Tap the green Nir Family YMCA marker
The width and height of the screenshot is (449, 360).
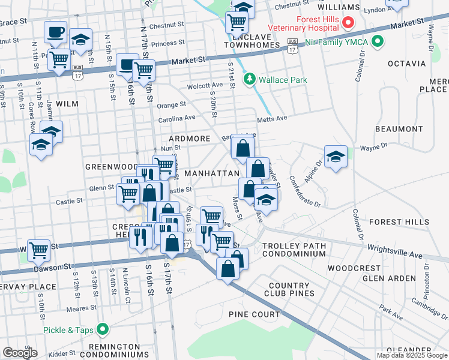pyautogui.click(x=378, y=42)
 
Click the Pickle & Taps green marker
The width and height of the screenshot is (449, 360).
pyautogui.click(x=103, y=329)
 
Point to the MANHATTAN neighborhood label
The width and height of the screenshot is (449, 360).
pyautogui.click(x=212, y=173)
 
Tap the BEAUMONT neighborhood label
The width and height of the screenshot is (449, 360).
pyautogui.click(x=399, y=129)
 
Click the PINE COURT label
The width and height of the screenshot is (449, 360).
pyautogui.click(x=254, y=314)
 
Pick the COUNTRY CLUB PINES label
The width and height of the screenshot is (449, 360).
pyautogui.click(x=292, y=289)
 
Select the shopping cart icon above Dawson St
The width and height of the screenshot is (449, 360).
pyautogui.click(x=39, y=249)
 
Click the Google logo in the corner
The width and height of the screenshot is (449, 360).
pyautogui.click(x=20, y=353)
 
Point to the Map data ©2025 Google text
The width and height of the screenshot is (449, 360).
pyautogui.click(x=412, y=355)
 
